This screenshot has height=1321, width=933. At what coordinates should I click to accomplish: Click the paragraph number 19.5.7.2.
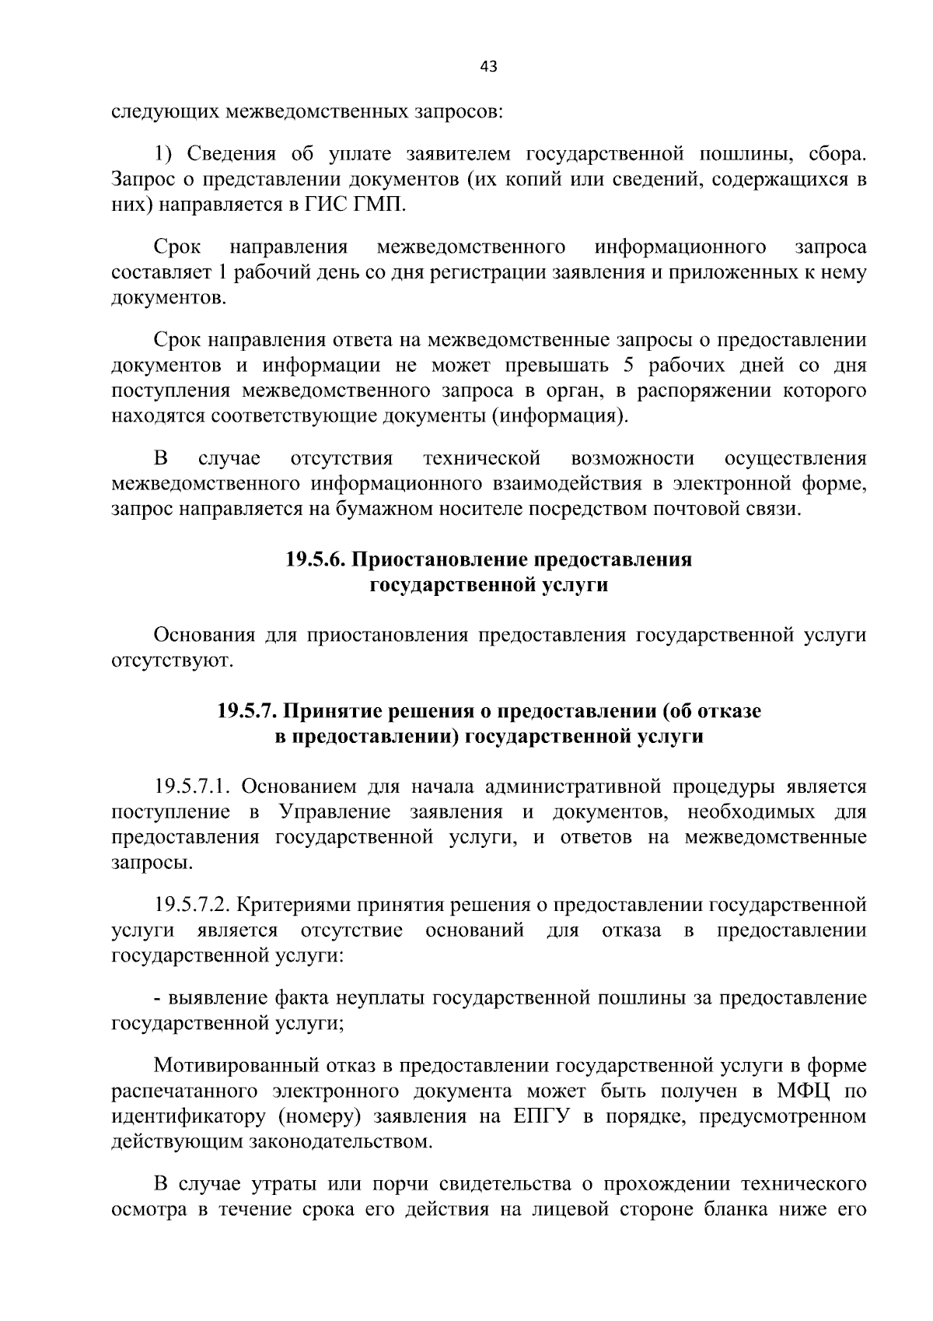point(190,906)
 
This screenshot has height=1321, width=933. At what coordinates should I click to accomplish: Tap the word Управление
point(334,812)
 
